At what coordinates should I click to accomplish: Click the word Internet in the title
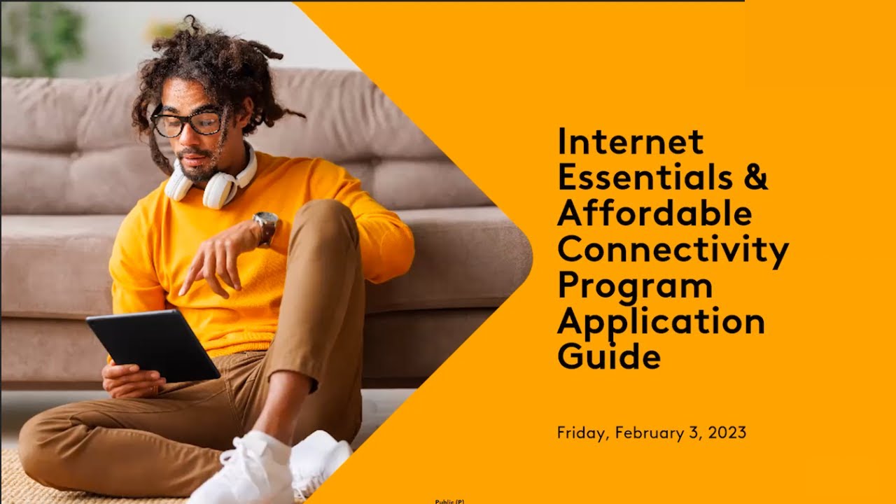[x=630, y=142]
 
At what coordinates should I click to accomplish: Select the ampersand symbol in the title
[x=755, y=178]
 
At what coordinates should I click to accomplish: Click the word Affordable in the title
[x=654, y=213]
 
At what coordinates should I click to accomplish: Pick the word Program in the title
[x=634, y=286]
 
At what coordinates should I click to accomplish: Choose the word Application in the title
[x=661, y=322]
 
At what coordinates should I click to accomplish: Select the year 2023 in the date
[x=727, y=433]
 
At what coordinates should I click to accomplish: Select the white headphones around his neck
[x=213, y=183]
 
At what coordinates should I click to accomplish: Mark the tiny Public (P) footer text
[x=449, y=501]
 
